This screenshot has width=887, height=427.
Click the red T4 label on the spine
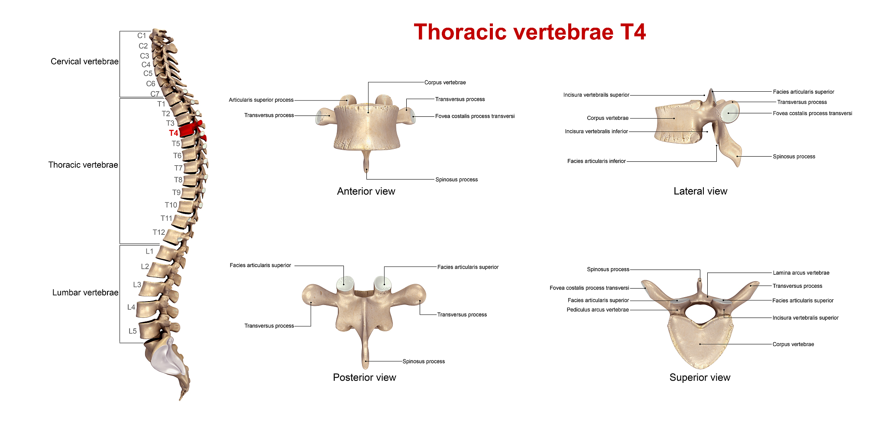[x=174, y=133]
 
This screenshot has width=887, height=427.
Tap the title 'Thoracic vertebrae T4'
[x=530, y=32]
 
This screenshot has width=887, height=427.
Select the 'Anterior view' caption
[x=366, y=191]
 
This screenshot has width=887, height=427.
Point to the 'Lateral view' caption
[x=700, y=191]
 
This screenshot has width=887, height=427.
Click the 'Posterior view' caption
[x=364, y=377]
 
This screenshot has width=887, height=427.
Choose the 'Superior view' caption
[x=700, y=377]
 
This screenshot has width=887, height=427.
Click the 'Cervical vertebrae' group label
[x=84, y=61]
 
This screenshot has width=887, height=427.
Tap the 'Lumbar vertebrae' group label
[x=85, y=292]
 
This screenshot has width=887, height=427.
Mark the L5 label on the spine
[x=133, y=331]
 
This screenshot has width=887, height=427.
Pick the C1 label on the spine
[x=142, y=35]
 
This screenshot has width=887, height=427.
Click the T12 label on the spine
[x=159, y=232]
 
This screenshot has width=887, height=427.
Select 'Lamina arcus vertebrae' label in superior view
[x=801, y=273]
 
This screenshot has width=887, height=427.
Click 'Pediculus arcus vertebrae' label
[x=598, y=310]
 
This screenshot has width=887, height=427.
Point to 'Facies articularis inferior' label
[x=596, y=161]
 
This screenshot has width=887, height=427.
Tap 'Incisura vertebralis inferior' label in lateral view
[x=596, y=132]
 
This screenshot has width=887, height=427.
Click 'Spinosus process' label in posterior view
[x=424, y=362]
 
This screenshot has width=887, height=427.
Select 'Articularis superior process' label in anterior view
[x=261, y=100]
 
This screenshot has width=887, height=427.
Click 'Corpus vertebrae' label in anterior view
[x=445, y=83]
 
